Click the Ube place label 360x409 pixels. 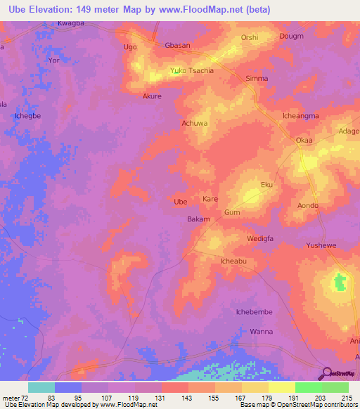[181, 202]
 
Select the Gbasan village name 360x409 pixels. [177, 46]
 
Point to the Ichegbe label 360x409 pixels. [28, 114]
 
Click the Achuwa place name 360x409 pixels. [195, 123]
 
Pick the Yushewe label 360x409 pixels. [322, 246]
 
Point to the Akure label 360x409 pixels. [152, 96]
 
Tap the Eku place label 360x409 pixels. [266, 184]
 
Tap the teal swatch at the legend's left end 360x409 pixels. [41, 387]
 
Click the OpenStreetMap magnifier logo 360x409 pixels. [326, 374]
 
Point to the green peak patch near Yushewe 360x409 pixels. [340, 283]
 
